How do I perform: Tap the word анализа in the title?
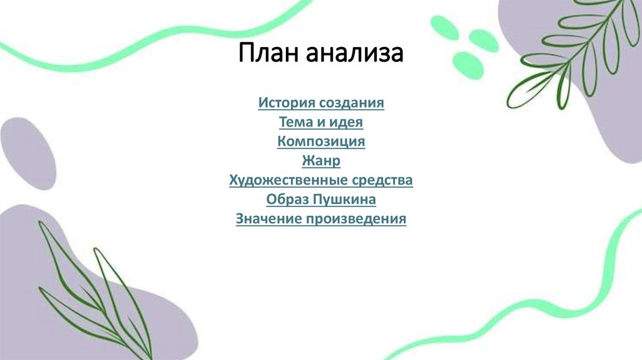pos(354,53)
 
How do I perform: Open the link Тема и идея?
pos(321,122)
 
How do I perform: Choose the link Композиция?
pos(321,141)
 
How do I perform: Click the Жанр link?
pos(321,161)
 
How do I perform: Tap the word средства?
pos(382,181)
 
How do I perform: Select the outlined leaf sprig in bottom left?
pos(94,295)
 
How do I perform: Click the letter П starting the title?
pos(246,53)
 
